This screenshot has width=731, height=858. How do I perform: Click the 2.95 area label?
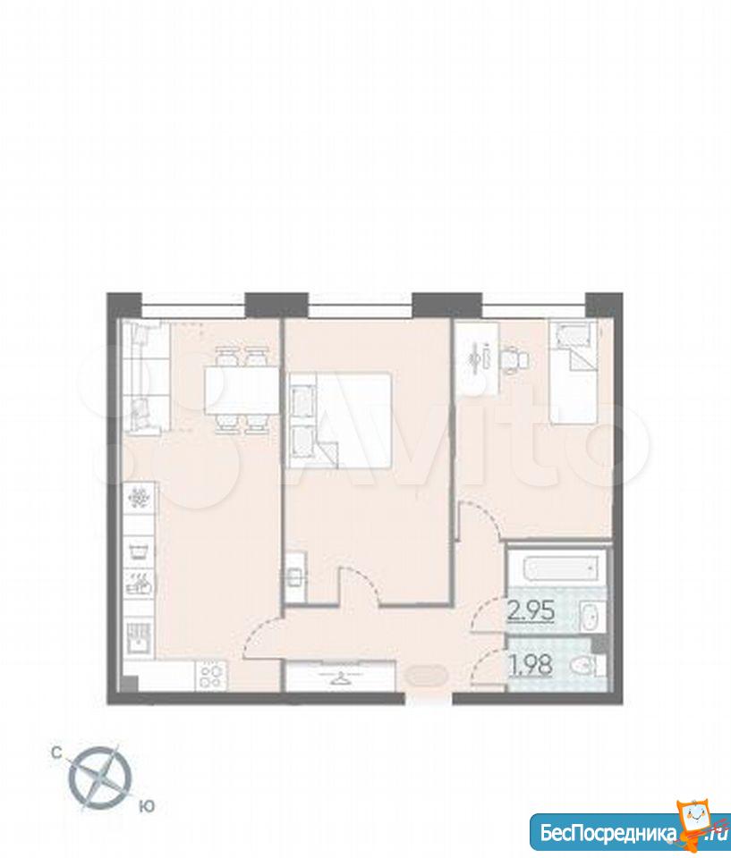click(x=531, y=611)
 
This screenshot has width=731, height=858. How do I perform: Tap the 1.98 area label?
click(x=531, y=665)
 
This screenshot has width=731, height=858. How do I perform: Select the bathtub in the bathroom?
click(x=557, y=568)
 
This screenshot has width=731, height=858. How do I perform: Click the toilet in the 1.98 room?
click(x=586, y=666)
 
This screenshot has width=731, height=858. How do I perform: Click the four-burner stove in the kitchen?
click(x=211, y=676)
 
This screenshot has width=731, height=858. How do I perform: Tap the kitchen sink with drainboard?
click(x=140, y=637)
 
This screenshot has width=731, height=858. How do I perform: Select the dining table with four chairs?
click(x=241, y=391)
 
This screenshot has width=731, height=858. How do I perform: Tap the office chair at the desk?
click(x=515, y=360)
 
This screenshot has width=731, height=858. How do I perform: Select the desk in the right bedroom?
click(x=477, y=358)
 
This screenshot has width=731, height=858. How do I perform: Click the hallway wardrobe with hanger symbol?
click(x=340, y=677)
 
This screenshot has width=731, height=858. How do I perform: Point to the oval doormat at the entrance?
click(x=424, y=676)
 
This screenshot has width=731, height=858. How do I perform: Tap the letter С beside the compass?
click(x=56, y=753)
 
